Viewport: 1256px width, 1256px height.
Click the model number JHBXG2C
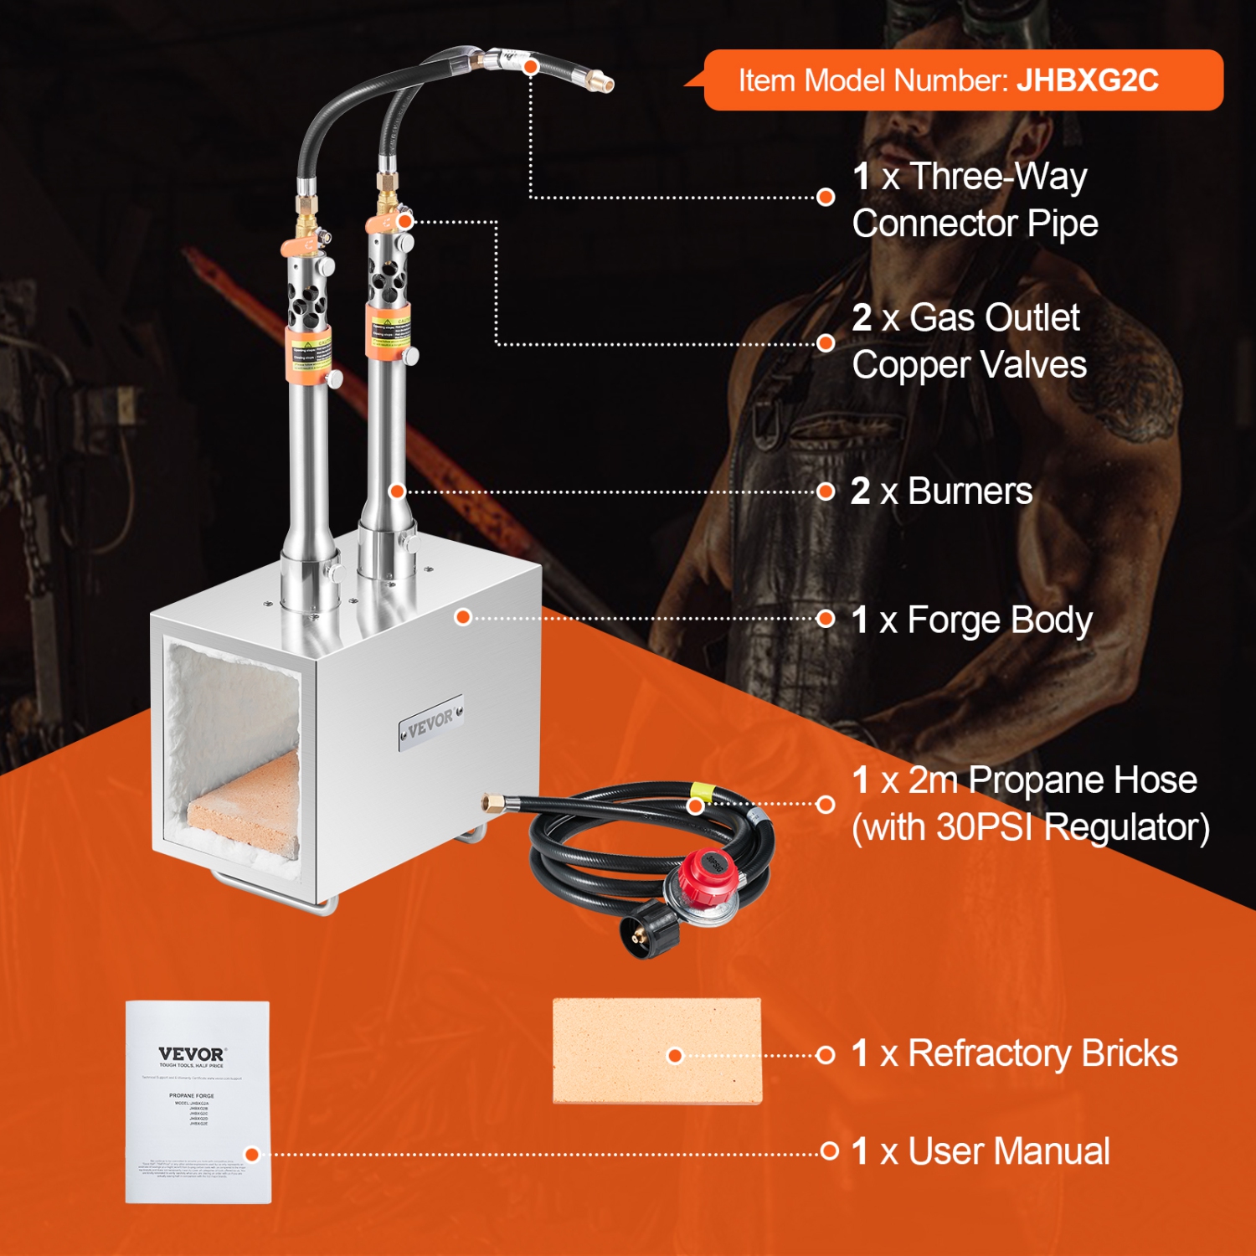coord(1087,80)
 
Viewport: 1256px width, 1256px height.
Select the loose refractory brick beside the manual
coord(657,1051)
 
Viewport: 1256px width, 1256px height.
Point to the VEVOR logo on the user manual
coord(192,1054)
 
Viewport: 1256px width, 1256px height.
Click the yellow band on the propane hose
coord(697,791)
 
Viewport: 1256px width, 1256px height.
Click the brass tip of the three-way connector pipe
coord(604,82)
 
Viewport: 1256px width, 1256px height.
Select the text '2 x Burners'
coord(941,492)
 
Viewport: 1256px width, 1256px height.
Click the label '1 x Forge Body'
coord(971,620)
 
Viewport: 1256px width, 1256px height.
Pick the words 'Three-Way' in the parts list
coord(998,177)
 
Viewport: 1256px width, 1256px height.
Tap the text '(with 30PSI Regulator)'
coord(1030,827)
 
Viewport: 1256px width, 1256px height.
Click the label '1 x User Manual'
coord(980,1151)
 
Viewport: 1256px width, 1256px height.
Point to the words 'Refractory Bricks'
coord(1042,1053)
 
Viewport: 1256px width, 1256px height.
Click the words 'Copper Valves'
coord(969,365)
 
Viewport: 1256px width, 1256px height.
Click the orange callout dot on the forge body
coord(463,618)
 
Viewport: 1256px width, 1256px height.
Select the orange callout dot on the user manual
coord(252,1155)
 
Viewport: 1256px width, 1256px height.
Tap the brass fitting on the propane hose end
coord(492,803)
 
